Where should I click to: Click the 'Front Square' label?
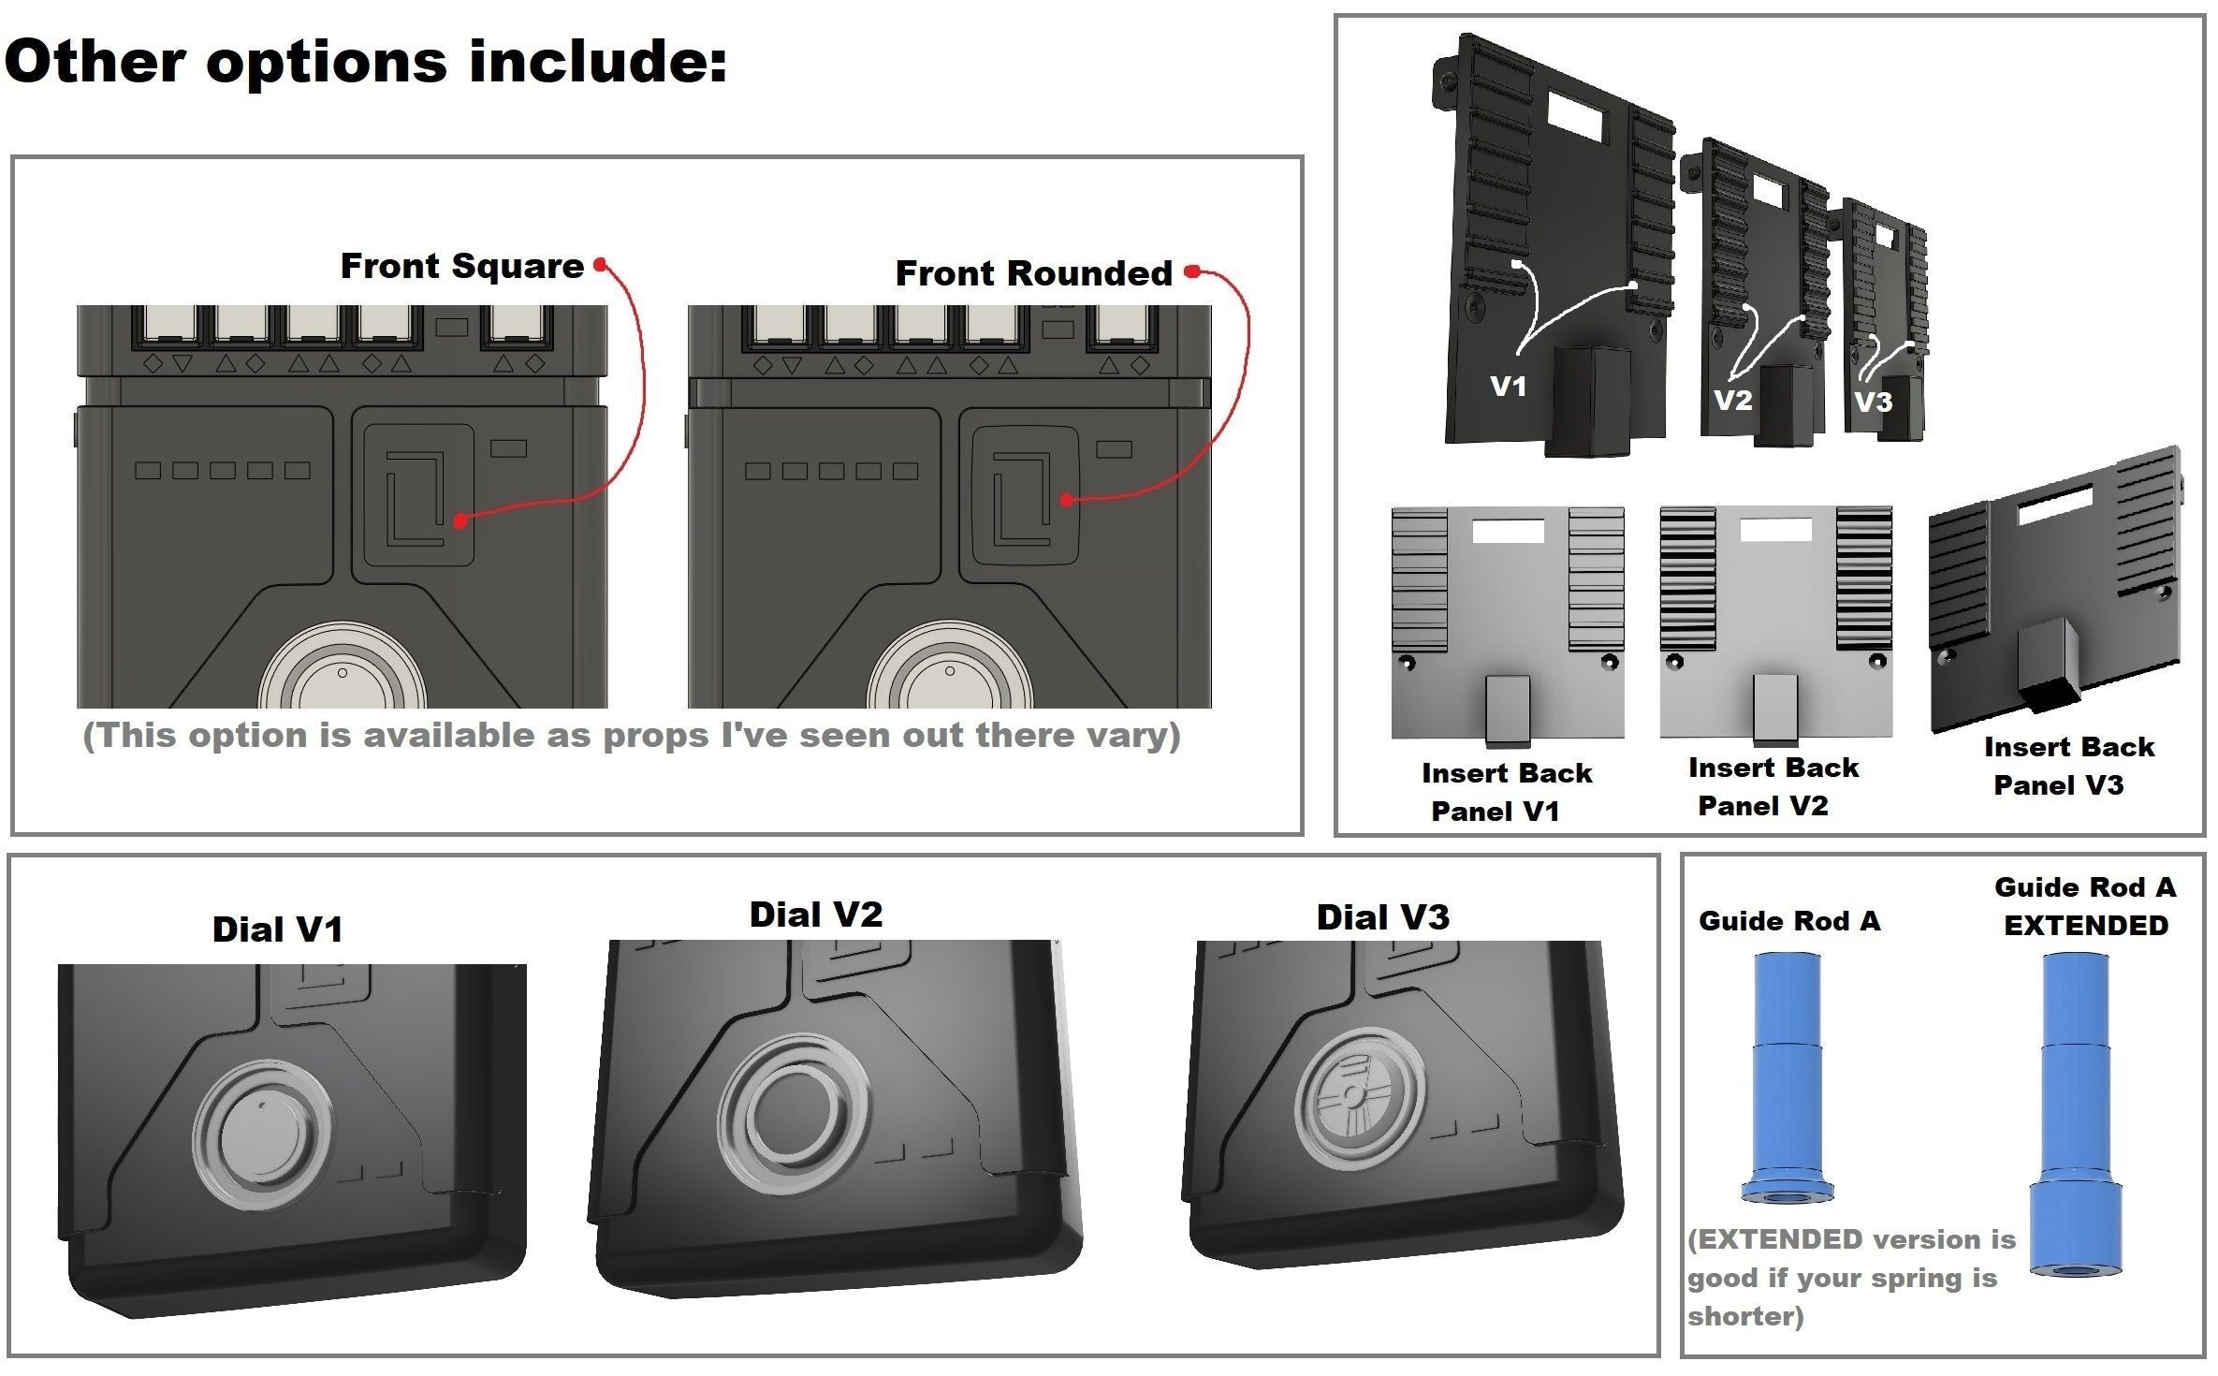click(x=461, y=267)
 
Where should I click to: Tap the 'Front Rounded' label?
click(x=1033, y=273)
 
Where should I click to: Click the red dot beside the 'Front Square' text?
click(x=600, y=265)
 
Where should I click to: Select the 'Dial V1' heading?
click(x=277, y=930)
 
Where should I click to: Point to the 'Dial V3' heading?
click(x=1382, y=917)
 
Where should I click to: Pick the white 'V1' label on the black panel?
click(x=1508, y=387)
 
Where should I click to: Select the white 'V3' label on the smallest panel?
click(x=1873, y=403)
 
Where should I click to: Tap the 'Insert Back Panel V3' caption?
click(x=2067, y=766)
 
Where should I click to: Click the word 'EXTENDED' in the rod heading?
click(x=2085, y=926)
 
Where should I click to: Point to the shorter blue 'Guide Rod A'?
click(x=1787, y=1076)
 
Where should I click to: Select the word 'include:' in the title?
click(x=597, y=62)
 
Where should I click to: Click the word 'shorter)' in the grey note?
click(x=1745, y=1317)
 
